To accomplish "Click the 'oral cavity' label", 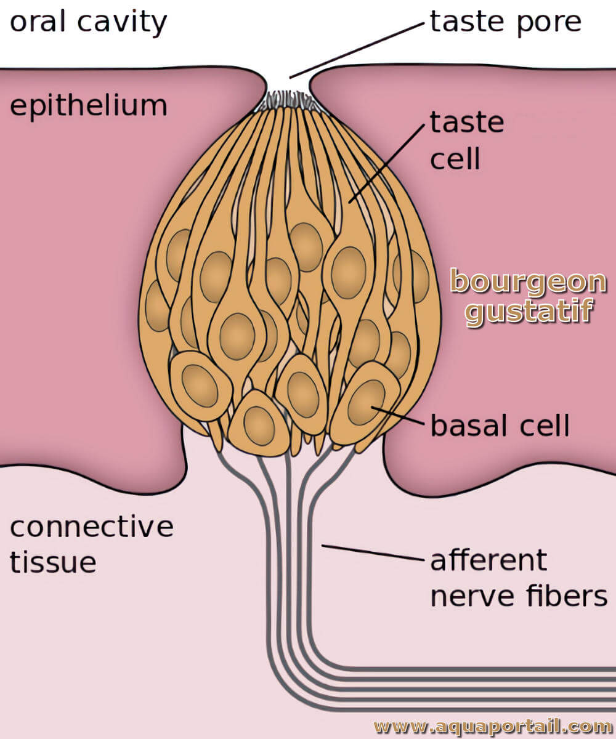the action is click(x=88, y=22).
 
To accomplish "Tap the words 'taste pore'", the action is click(x=506, y=22).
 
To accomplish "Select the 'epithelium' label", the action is click(x=89, y=106).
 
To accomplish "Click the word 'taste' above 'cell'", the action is click(x=467, y=122).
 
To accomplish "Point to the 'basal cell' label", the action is click(x=500, y=425).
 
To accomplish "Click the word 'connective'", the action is click(x=92, y=527).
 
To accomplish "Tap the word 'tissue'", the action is click(x=53, y=562).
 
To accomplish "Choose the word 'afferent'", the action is click(x=489, y=560).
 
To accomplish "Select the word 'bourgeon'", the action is click(x=528, y=283).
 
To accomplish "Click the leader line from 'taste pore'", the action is click(x=357, y=50).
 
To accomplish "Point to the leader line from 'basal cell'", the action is click(x=397, y=415).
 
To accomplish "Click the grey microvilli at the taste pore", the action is click(x=288, y=101).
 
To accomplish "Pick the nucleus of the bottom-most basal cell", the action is click(x=259, y=426).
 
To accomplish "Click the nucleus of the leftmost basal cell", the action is click(x=200, y=386).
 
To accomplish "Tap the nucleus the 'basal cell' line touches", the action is click(x=367, y=402).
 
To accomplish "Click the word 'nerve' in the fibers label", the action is click(x=473, y=597).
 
